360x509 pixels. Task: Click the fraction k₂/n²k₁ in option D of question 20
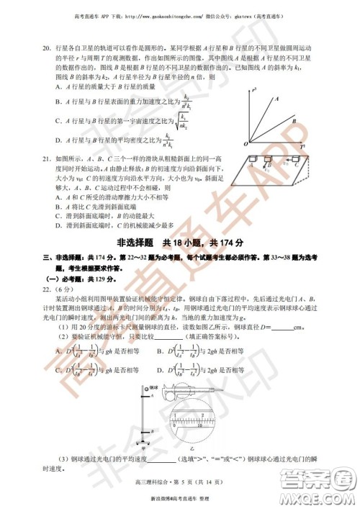click(170, 138)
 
